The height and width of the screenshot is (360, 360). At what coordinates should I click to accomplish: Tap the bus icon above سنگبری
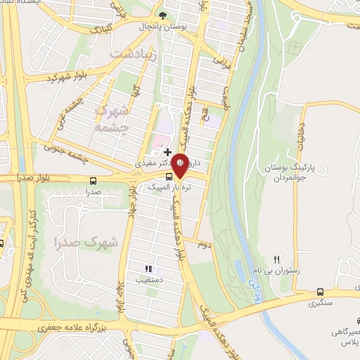(321, 292)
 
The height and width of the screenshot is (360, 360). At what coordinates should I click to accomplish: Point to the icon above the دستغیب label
(148, 269)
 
